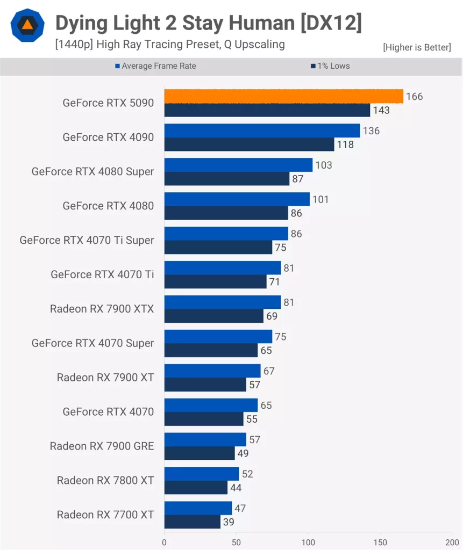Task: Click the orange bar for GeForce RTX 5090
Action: click(283, 96)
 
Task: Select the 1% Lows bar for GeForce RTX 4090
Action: click(249, 144)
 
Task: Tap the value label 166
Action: click(414, 97)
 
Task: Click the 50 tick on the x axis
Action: click(236, 542)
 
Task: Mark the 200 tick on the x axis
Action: click(452, 542)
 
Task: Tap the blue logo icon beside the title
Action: click(27, 25)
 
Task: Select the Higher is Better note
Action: click(417, 47)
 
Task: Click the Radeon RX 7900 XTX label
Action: click(102, 309)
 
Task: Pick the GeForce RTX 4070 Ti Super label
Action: click(87, 240)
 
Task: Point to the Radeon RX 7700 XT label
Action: click(105, 515)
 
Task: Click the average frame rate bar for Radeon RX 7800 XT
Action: click(201, 474)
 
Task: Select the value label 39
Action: click(228, 522)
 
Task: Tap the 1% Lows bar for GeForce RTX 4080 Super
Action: click(226, 179)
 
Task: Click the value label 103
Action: click(324, 165)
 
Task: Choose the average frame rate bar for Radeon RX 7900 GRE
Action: click(205, 439)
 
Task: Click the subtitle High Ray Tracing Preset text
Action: click(169, 45)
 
